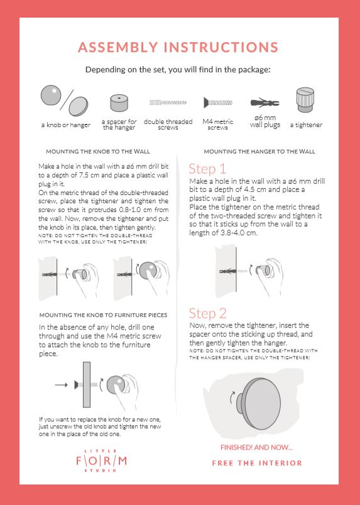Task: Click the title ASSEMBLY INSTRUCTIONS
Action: pos(178,47)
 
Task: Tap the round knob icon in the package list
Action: pos(51,95)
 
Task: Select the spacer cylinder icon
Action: pos(119,103)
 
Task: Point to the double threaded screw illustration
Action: pos(168,103)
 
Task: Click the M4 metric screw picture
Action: pos(218,103)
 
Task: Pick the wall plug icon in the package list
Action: pos(265,103)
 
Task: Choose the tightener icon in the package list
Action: pos(305,99)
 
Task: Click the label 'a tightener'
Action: pos(306,125)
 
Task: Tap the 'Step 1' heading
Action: pos(207,169)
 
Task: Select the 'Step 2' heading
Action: pos(207,313)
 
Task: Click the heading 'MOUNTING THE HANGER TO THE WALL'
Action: pos(259,152)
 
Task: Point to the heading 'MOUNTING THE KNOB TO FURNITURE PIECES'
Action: pos(103,315)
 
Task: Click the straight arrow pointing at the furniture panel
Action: pos(61,384)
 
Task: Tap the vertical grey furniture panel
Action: pos(87,384)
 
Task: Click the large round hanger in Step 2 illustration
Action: pos(258,404)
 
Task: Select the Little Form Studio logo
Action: pos(101,461)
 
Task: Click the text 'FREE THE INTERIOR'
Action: pos(257,463)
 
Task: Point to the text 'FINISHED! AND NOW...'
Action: pos(257,447)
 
